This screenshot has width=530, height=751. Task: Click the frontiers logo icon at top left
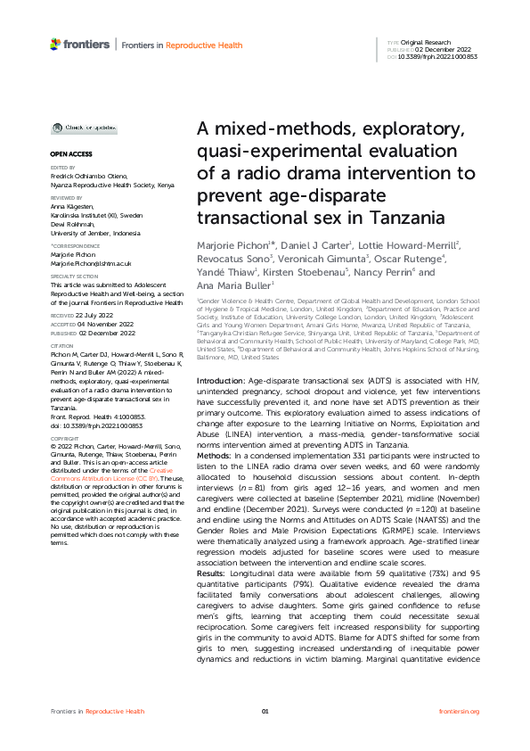click(55, 44)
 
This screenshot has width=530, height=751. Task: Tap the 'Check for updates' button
click(84, 128)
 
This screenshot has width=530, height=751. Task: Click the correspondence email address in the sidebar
click(91, 264)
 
